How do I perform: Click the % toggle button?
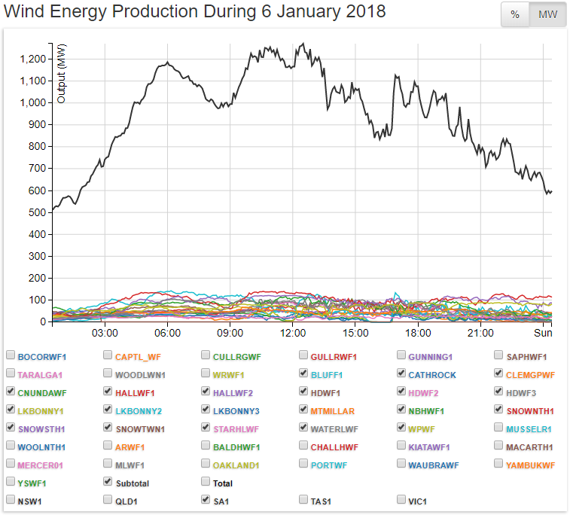click(x=515, y=15)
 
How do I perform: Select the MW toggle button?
click(x=547, y=15)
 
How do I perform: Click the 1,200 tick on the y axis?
click(x=35, y=59)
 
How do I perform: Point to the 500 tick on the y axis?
click(x=38, y=212)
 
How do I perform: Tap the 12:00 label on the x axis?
click(x=292, y=333)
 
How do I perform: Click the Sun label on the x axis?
click(x=543, y=333)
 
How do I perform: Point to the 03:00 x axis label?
click(x=105, y=333)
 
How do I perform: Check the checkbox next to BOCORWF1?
click(x=10, y=356)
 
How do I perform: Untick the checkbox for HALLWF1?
click(x=108, y=392)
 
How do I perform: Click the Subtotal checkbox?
click(x=108, y=483)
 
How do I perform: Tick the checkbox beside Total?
click(x=206, y=483)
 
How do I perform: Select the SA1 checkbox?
click(x=206, y=501)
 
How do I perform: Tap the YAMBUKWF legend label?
click(x=530, y=465)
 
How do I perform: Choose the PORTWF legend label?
click(x=329, y=465)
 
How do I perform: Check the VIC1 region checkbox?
click(x=401, y=501)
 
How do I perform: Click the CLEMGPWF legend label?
click(x=530, y=374)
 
